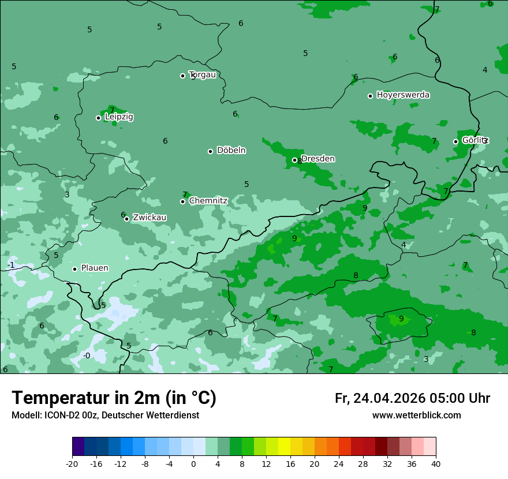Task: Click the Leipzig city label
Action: (119, 117)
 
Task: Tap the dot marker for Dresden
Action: (294, 160)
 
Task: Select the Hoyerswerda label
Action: (403, 95)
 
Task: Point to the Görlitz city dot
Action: (455, 141)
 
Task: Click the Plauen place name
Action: (95, 268)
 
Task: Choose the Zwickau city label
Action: (150, 218)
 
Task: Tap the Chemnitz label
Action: (208, 201)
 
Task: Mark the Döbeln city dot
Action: (210, 151)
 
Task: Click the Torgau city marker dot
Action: (182, 76)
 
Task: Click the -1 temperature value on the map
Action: (10, 265)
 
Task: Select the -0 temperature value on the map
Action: (87, 355)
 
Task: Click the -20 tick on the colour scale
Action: (72, 463)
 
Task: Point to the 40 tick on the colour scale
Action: (436, 463)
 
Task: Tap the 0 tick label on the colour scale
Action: (193, 463)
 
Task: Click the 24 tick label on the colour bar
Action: (339, 463)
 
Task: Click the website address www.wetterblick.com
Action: (416, 416)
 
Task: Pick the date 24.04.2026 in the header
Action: (389, 398)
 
